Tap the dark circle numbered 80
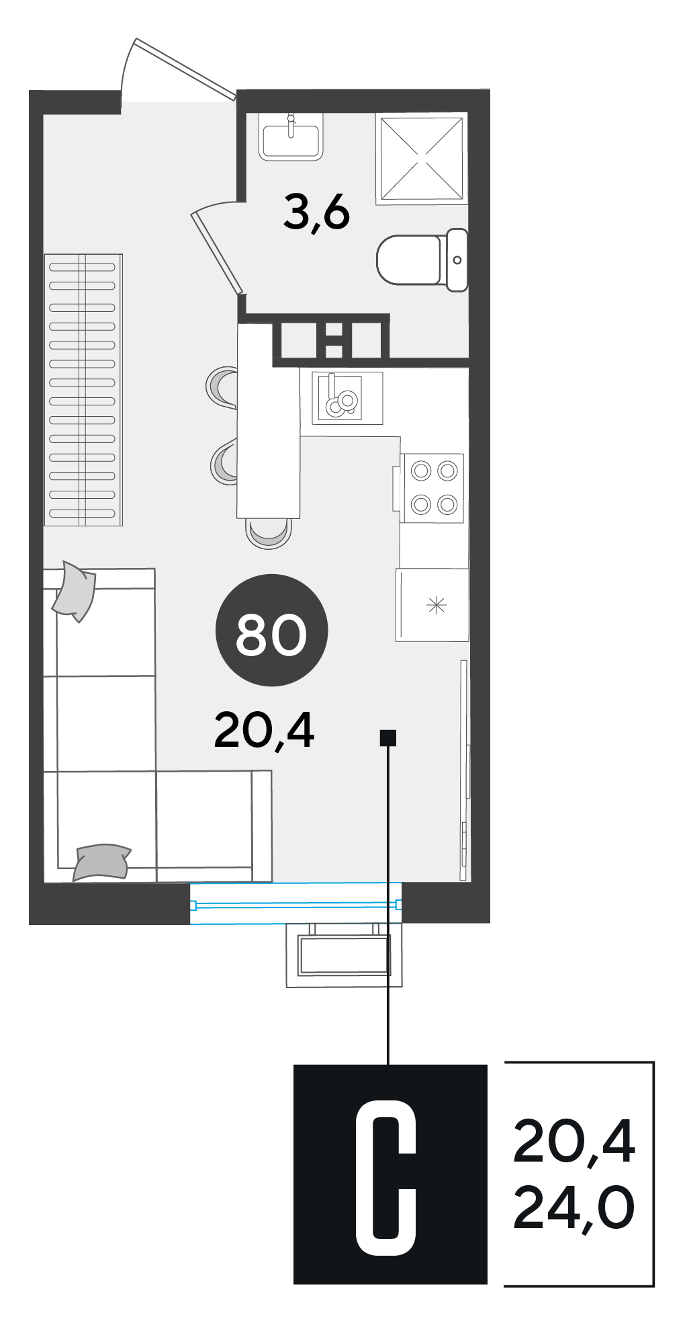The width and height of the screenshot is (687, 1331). (271, 631)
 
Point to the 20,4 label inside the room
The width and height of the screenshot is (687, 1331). (264, 731)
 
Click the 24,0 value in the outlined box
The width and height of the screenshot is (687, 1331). (574, 1208)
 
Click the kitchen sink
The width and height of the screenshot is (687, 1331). (347, 398)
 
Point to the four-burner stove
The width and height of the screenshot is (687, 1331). (432, 488)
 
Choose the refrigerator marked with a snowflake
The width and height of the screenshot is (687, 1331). (432, 605)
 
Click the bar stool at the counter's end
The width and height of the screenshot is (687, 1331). (269, 532)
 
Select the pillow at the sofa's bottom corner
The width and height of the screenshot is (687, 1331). (101, 862)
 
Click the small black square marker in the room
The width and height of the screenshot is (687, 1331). (388, 738)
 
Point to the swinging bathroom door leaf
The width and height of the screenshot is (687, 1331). (216, 253)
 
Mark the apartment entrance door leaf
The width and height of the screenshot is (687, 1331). (185, 69)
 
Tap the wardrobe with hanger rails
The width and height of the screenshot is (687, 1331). (83, 390)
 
